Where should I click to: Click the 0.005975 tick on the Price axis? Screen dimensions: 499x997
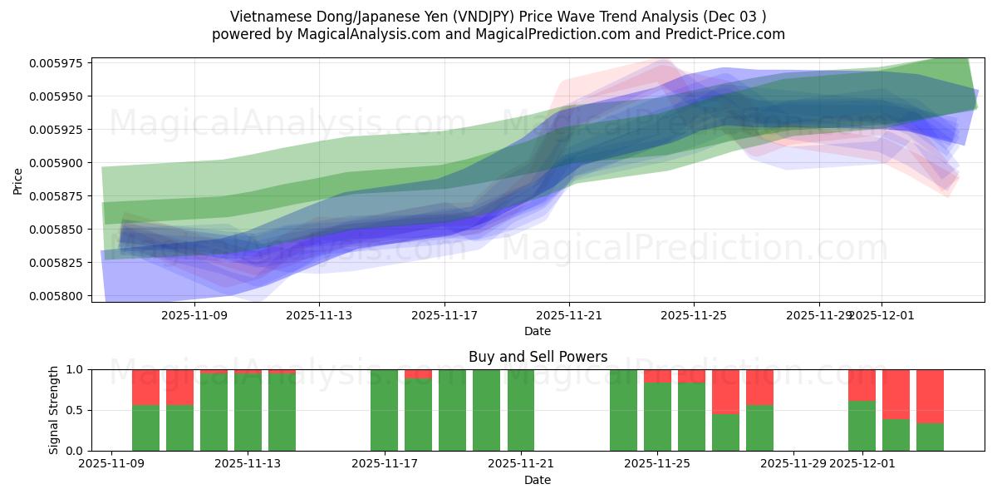point(59,63)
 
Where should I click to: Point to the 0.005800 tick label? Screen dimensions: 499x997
point(59,296)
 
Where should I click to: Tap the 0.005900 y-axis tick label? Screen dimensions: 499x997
point(59,163)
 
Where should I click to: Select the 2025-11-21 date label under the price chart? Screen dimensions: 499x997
point(569,316)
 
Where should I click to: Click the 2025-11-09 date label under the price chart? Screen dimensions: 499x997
point(194,316)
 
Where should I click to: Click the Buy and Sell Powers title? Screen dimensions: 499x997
point(538,357)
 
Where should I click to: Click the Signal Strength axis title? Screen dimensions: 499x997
point(54,410)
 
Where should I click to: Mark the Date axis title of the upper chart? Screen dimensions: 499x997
point(538,331)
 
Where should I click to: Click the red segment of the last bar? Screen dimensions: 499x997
point(930,396)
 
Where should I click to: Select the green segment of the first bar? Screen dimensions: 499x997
point(145,428)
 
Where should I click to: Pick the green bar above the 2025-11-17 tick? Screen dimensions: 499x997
point(384,410)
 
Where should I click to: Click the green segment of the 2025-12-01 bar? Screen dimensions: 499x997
point(862,426)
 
